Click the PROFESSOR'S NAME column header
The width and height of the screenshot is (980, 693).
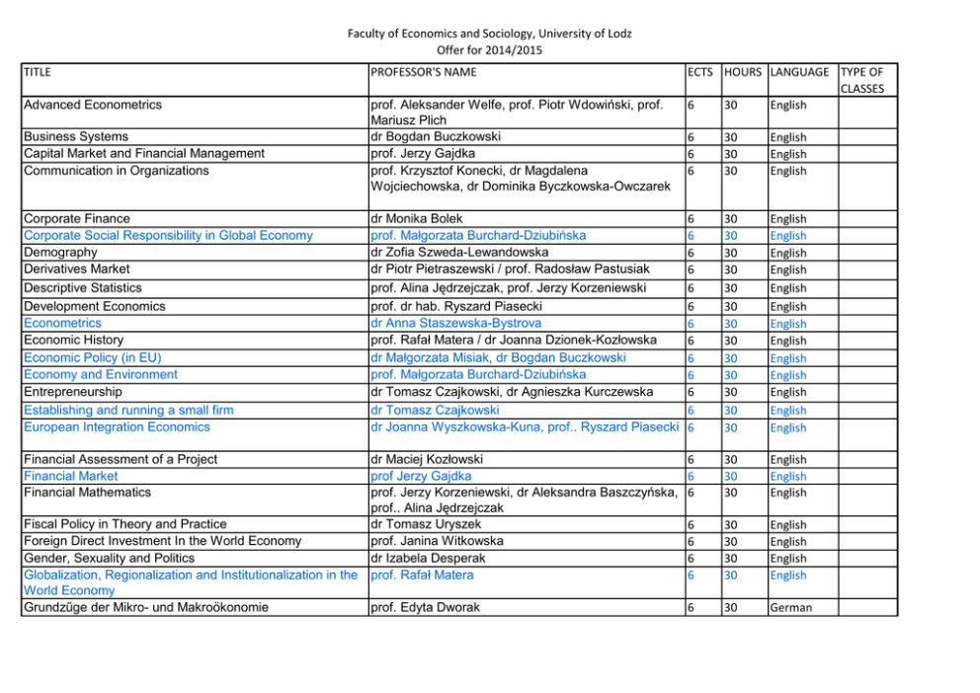tap(423, 72)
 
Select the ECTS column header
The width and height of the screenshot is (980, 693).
tap(700, 72)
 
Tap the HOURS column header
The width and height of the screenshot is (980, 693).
tap(743, 72)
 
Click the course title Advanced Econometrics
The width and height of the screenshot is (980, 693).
tap(93, 105)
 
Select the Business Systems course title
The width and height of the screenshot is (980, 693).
tap(75, 137)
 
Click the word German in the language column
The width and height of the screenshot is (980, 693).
tap(791, 608)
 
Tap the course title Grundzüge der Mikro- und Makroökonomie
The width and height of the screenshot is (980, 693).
tap(146, 608)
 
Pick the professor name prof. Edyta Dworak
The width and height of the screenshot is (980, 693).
tap(424, 608)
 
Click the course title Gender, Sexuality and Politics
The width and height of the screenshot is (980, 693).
tap(111, 558)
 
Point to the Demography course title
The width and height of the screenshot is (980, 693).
tap(60, 253)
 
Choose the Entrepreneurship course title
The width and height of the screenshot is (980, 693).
tap(72, 392)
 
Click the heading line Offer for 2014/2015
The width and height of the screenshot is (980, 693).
tap(489, 50)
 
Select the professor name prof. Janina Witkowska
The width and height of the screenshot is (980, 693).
tap(436, 541)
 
